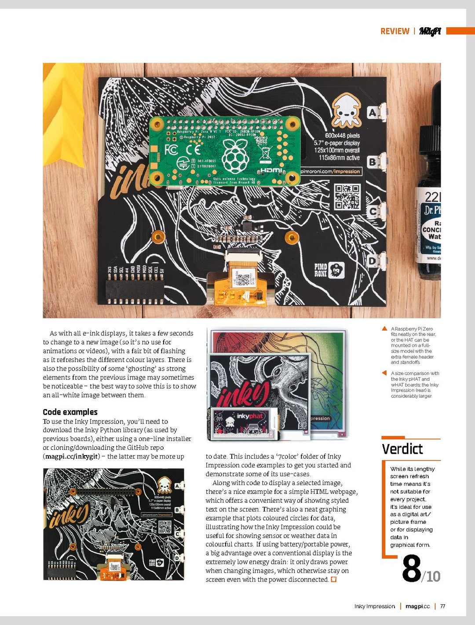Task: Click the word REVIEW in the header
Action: point(395,31)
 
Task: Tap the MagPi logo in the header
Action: point(430,31)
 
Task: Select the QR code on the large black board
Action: point(347,197)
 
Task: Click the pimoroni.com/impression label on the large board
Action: point(331,171)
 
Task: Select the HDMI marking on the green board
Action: point(271,170)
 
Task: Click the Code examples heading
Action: point(70,412)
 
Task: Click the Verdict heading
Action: point(402,449)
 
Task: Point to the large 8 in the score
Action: point(411,568)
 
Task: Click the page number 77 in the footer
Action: point(442,606)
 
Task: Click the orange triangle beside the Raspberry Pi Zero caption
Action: point(384,328)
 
